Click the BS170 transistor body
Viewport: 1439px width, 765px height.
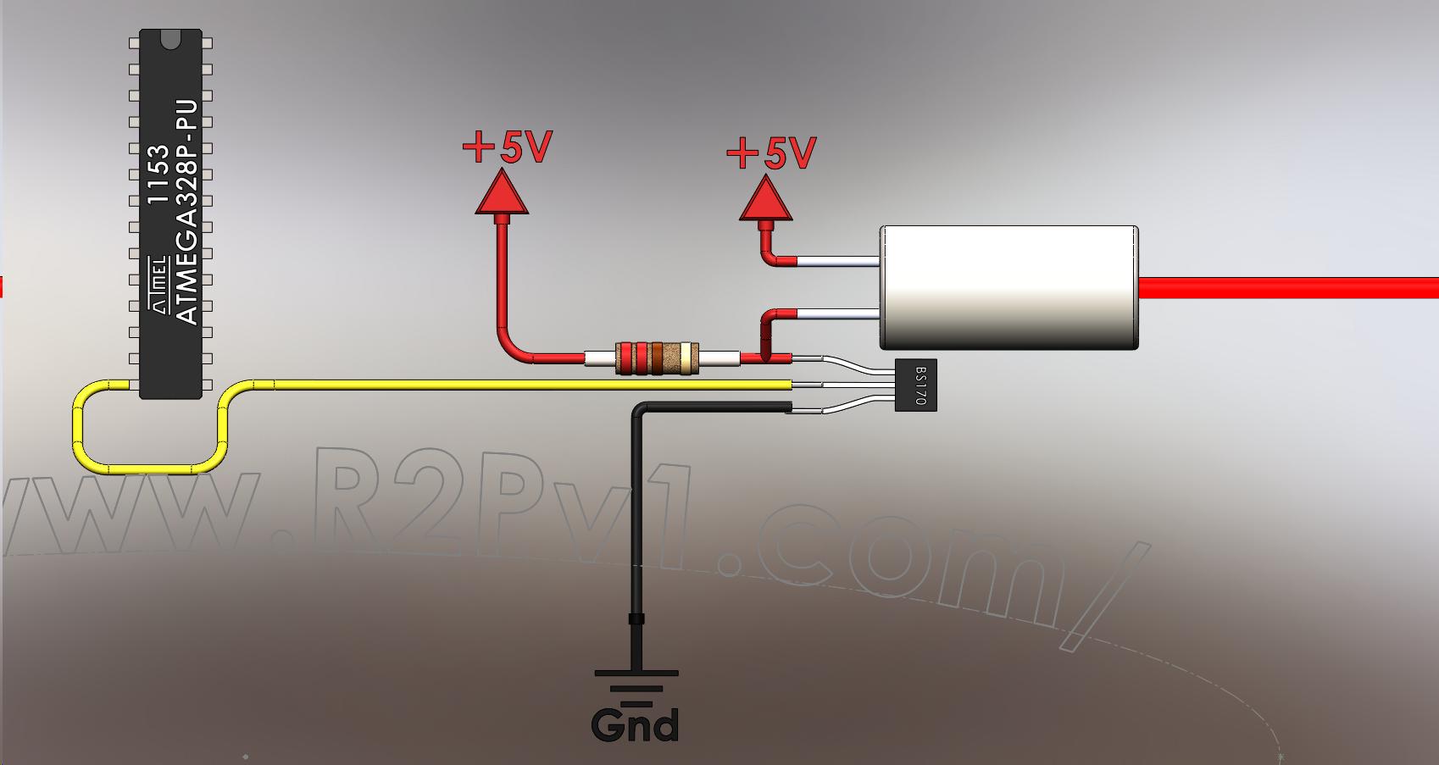(x=916, y=385)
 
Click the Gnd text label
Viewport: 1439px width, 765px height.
(x=636, y=725)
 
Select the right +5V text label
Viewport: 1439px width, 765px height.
(x=772, y=153)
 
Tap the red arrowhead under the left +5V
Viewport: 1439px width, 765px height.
(x=502, y=192)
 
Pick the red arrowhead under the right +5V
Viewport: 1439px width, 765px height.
(x=766, y=199)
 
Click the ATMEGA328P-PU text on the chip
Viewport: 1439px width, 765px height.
(x=187, y=212)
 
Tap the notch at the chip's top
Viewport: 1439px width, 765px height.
(x=170, y=36)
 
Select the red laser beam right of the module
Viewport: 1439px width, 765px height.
(x=1288, y=288)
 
